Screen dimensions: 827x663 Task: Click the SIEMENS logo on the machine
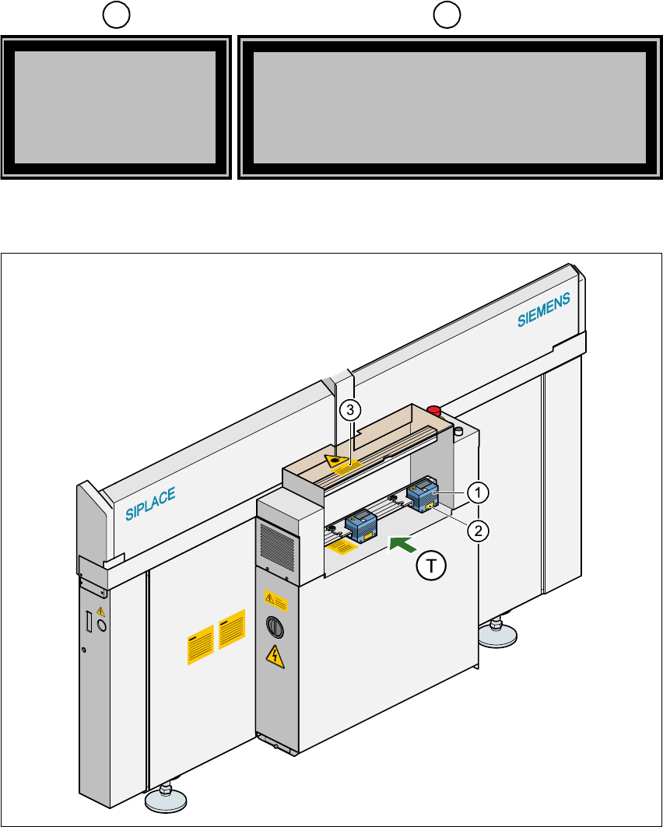tap(545, 310)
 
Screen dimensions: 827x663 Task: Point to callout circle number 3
tap(351, 409)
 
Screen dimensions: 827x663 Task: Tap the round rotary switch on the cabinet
tap(272, 626)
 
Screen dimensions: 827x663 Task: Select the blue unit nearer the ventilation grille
tap(361, 525)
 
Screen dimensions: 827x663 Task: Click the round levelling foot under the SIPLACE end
tap(165, 797)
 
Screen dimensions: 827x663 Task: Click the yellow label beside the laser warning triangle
tap(356, 465)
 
